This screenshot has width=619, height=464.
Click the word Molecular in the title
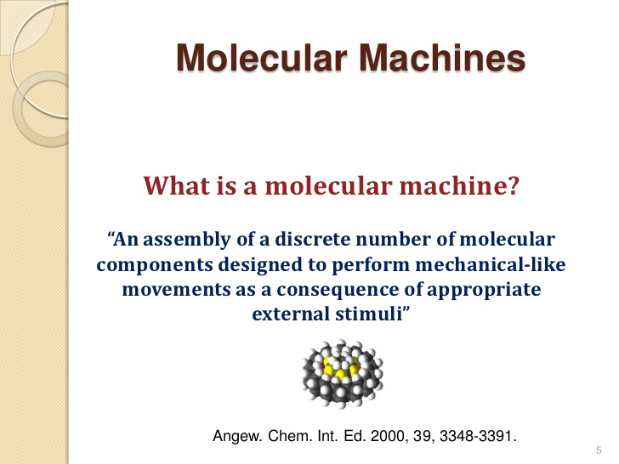coord(262,58)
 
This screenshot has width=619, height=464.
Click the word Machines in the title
coord(442,58)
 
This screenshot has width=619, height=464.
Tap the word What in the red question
coord(177,185)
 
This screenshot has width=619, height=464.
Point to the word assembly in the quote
coord(187,240)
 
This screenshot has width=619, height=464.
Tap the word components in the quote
coord(155,265)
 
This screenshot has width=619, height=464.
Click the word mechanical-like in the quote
coord(491,264)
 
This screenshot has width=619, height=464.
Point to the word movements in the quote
coord(176,290)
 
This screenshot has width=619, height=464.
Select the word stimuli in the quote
coord(369,314)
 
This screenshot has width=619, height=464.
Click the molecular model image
coord(343,373)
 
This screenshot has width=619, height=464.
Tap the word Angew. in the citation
coord(238,437)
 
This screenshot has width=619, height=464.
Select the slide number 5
coord(599,450)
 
